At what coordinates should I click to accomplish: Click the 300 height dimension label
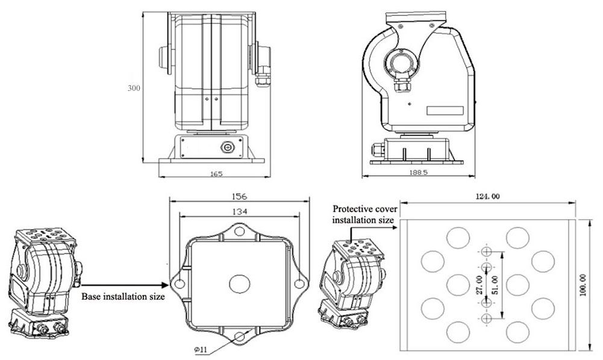134,88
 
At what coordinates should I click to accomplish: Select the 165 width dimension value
216,174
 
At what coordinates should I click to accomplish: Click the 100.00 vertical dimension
583,285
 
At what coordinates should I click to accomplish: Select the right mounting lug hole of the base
298,282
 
